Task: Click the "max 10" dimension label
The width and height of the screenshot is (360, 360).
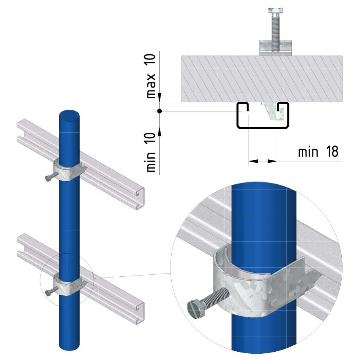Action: (151, 76)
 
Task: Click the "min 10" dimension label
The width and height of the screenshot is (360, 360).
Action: (151, 153)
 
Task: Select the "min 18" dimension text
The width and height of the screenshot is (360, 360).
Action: (318, 152)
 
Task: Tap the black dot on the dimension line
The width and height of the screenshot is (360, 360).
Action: (159, 111)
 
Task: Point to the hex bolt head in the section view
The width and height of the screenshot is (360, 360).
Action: (275, 11)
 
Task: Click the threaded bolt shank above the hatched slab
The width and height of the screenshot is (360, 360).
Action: (275, 32)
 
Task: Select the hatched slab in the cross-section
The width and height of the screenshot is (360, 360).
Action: (262, 79)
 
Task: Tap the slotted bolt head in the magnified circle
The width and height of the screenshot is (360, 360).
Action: (196, 308)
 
